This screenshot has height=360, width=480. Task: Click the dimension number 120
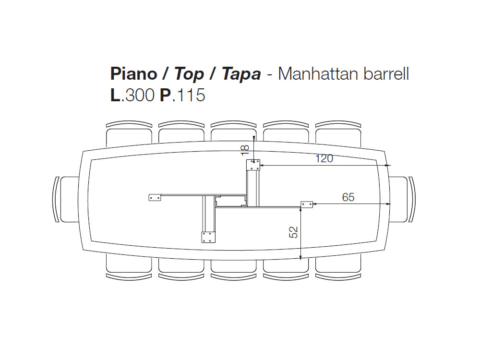pyautogui.click(x=324, y=158)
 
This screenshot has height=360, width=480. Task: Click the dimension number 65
pyautogui.click(x=348, y=197)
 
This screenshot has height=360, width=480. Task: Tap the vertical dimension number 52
pyautogui.click(x=294, y=232)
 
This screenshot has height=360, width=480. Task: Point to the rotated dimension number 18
pyautogui.click(x=245, y=150)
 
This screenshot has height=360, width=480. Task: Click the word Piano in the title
pyautogui.click(x=133, y=74)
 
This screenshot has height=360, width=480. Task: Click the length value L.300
pyautogui.click(x=132, y=95)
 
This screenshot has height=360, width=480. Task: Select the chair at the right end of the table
pyautogui.click(x=402, y=199)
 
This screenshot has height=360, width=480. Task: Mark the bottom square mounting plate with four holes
pyautogui.click(x=208, y=237)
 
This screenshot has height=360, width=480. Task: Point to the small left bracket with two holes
pyautogui.click(x=155, y=197)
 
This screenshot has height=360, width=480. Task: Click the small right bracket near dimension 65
pyautogui.click(x=307, y=204)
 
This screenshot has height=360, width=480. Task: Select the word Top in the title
pyautogui.click(x=189, y=74)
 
